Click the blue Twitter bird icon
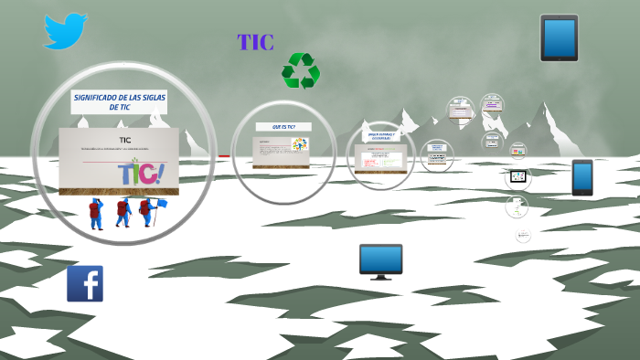(65, 30)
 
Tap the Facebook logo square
(85, 283)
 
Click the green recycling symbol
(301, 70)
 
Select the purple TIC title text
(255, 42)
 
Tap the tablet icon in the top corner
(559, 37)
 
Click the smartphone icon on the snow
(582, 177)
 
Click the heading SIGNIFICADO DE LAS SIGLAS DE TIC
(119, 101)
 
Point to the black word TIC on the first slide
(119, 140)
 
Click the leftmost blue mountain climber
(95, 214)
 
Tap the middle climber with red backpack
(122, 213)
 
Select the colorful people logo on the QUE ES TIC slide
(299, 145)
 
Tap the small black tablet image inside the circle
(517, 176)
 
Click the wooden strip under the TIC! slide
(119, 190)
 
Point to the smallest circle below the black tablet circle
(523, 236)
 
